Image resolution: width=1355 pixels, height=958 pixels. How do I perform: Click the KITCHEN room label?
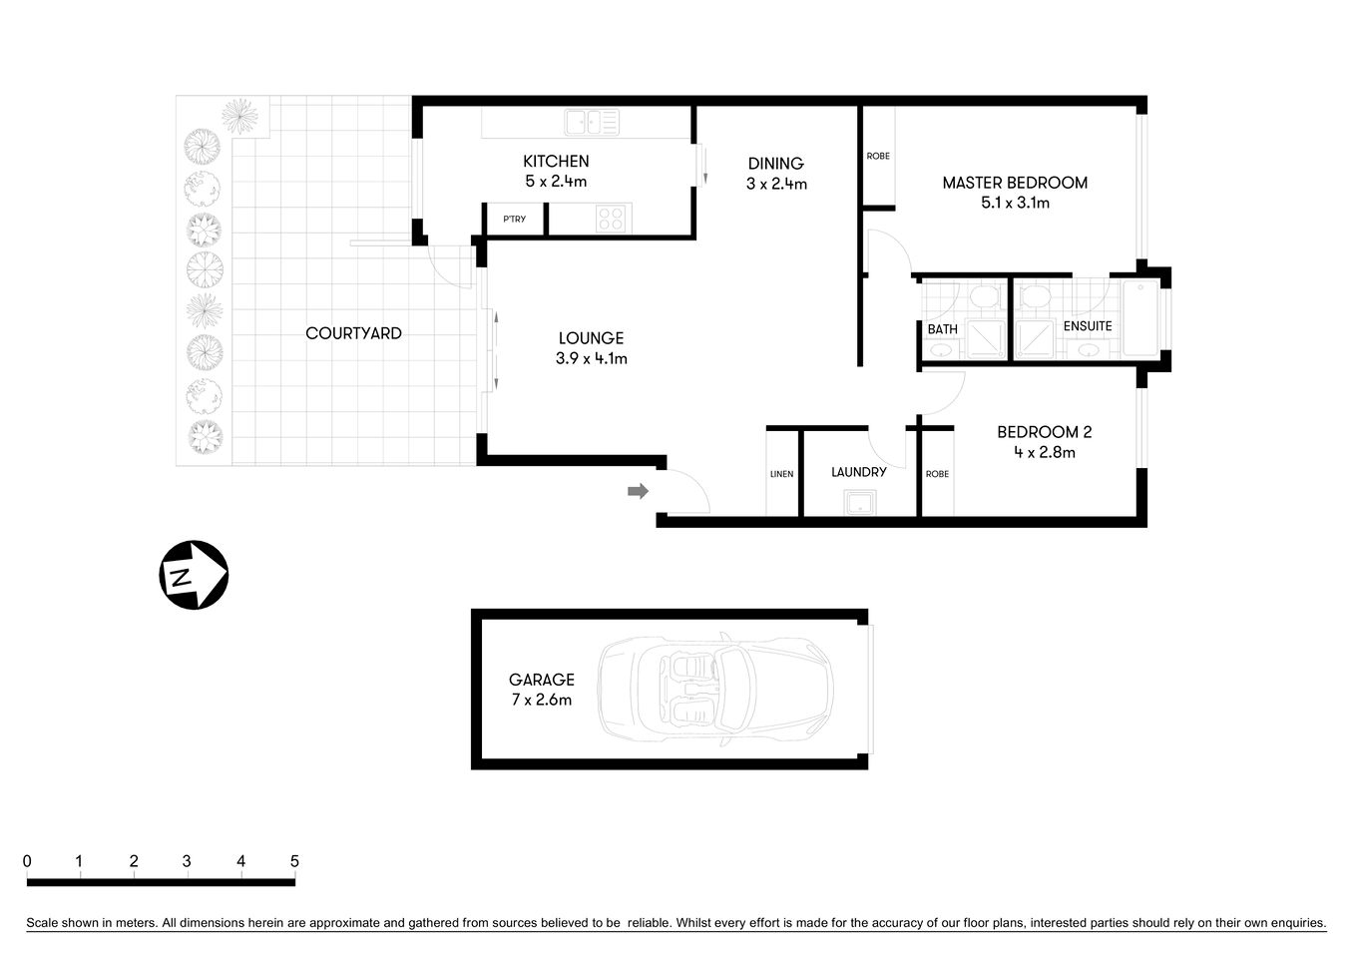click(556, 161)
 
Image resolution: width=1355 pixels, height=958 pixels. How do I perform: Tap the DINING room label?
click(775, 164)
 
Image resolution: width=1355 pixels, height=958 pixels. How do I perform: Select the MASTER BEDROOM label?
click(1015, 183)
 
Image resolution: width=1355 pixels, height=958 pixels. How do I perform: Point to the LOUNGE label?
click(591, 338)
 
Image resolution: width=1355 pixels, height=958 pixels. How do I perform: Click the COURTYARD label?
click(353, 333)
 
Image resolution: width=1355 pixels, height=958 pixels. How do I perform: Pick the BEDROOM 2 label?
click(1044, 432)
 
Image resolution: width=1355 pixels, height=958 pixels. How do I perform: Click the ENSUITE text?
click(1087, 326)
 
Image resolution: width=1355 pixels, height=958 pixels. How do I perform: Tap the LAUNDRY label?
click(858, 472)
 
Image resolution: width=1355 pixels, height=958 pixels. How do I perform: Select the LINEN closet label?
click(781, 474)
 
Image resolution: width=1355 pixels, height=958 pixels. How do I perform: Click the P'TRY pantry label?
click(514, 220)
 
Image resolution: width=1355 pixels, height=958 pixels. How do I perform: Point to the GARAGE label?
click(541, 680)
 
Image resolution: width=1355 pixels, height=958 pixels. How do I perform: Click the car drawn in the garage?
click(714, 689)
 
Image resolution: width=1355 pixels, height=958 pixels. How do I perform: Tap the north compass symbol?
click(194, 575)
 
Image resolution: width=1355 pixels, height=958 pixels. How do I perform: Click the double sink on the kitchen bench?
click(592, 123)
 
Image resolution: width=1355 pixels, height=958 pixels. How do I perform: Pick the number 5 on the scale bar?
click(294, 861)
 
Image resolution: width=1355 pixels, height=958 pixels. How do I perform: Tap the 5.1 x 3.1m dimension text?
click(1015, 203)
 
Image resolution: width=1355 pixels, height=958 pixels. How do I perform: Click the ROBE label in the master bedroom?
click(878, 156)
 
